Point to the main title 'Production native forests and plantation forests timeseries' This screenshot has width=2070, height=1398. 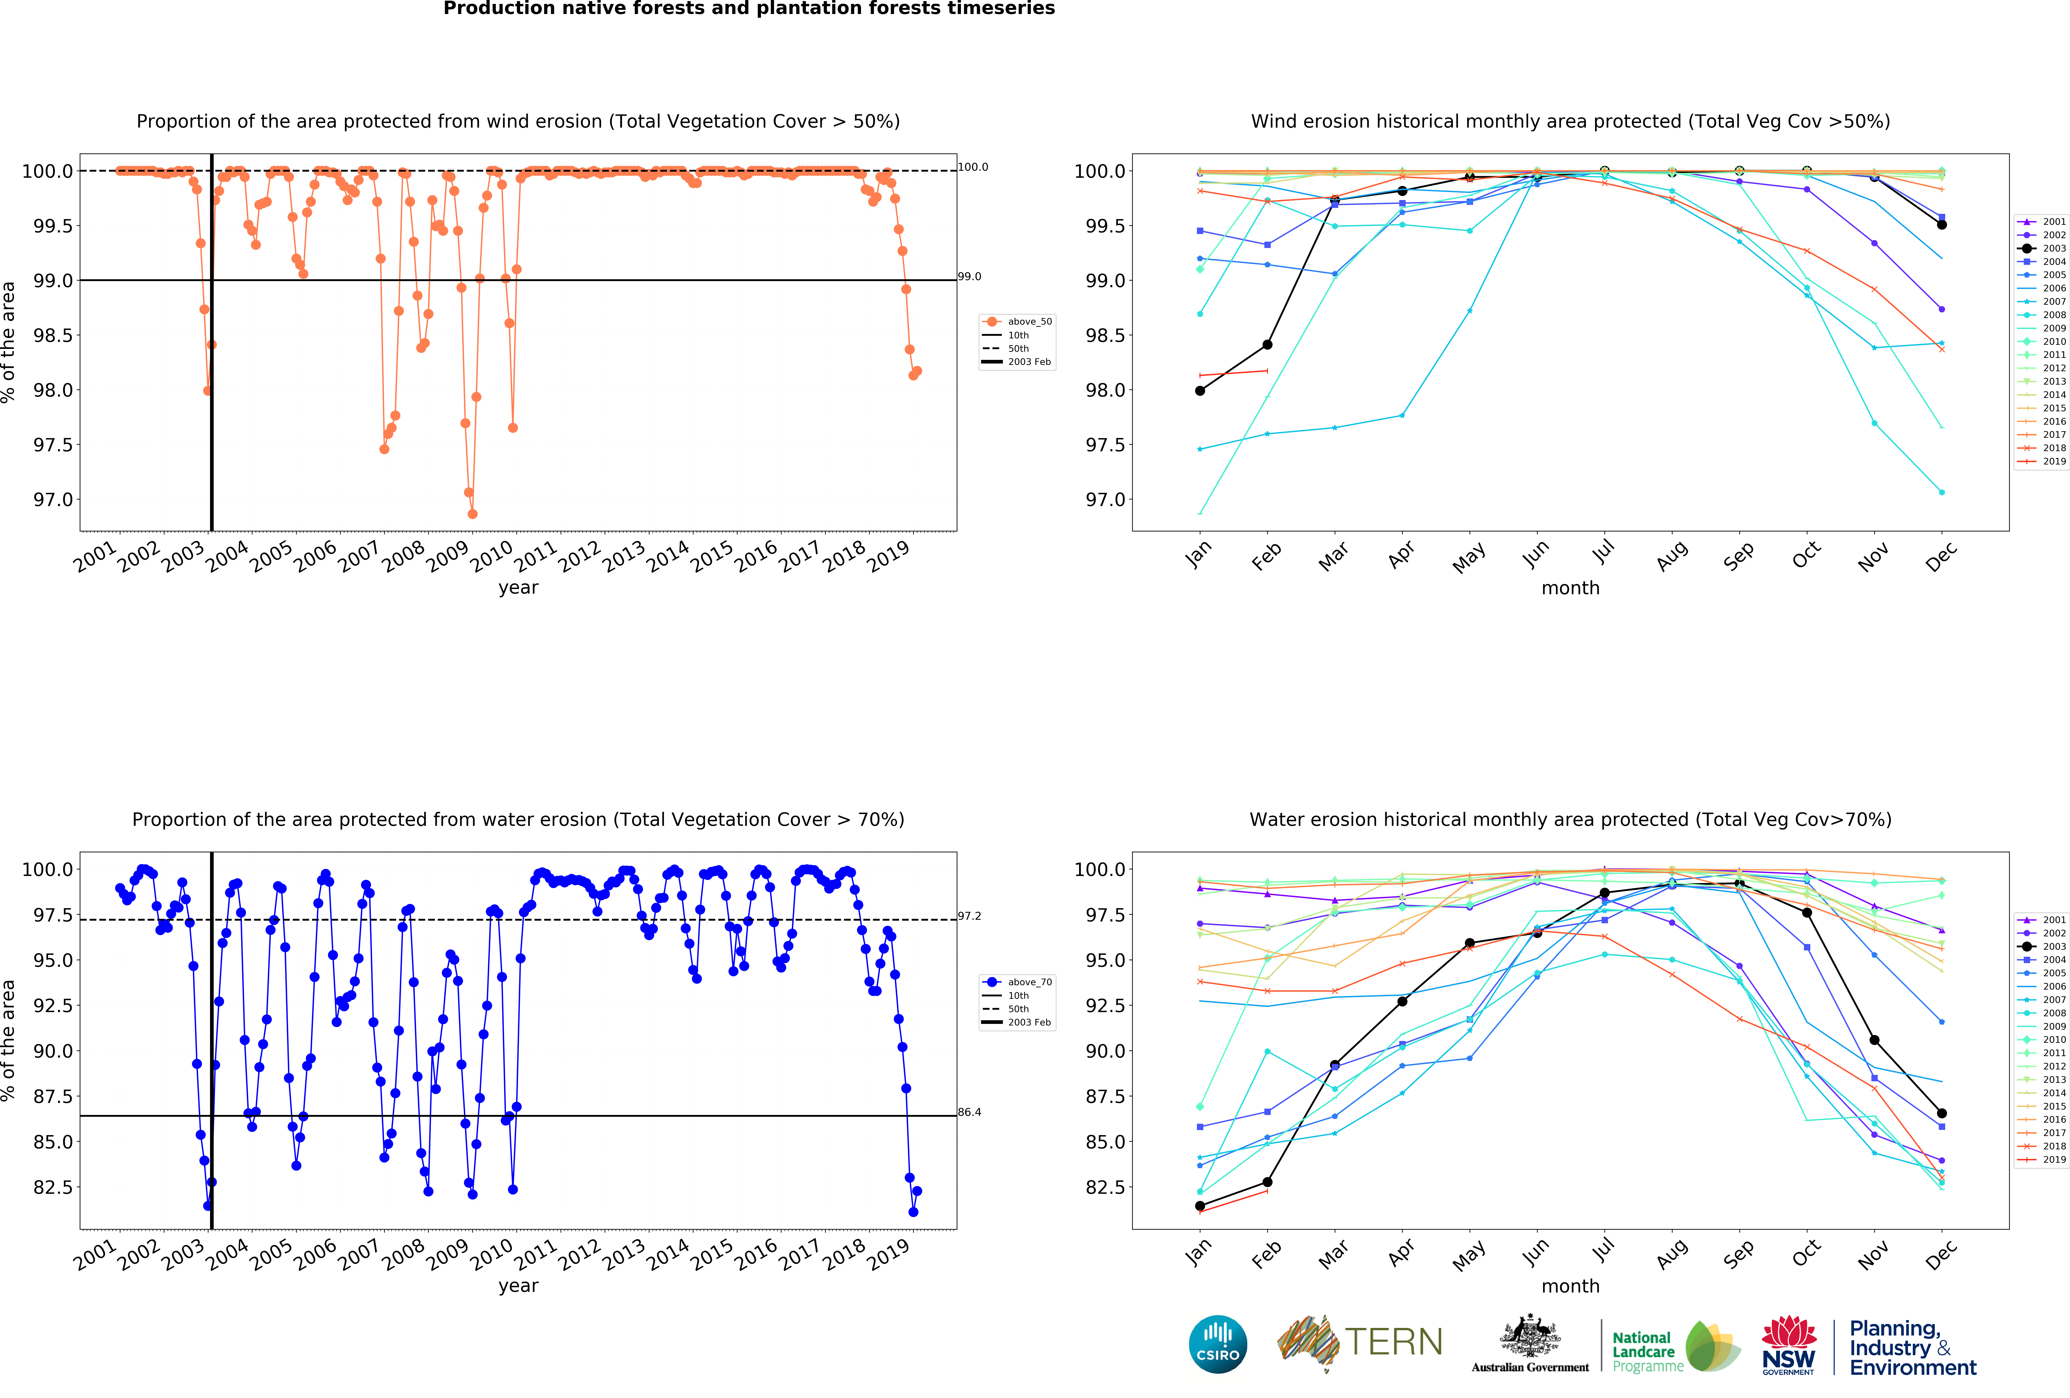749,9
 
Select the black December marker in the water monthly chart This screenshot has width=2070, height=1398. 1942,1113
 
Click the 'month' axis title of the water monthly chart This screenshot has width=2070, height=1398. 1570,1286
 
